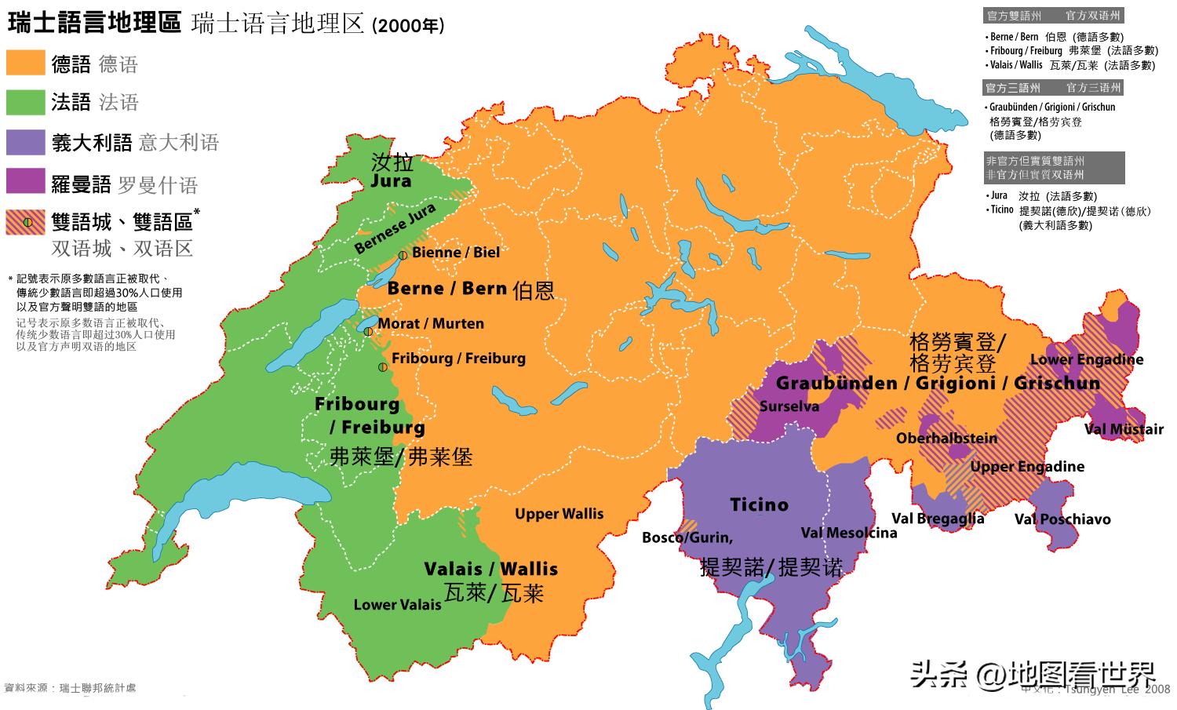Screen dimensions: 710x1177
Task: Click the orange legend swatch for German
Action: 25,63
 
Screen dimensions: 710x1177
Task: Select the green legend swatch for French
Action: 25,102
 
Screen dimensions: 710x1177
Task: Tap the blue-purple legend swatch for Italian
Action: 25,142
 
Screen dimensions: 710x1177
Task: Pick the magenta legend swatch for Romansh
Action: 25,181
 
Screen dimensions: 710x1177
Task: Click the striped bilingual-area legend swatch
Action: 25,222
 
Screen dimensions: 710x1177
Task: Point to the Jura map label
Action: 391,180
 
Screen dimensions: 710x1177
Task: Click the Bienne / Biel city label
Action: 455,252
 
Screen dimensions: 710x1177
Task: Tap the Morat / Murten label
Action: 431,323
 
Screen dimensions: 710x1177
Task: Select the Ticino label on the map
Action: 759,504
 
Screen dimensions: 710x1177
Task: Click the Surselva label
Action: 789,406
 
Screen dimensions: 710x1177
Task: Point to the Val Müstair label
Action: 1124,429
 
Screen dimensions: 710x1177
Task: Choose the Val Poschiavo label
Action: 1062,519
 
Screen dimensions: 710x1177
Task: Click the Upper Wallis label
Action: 559,514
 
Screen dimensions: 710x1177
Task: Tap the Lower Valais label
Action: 397,605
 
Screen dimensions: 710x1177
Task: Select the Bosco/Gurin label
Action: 687,537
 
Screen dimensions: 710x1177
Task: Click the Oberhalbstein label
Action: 946,439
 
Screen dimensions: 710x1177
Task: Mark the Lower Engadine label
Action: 1086,360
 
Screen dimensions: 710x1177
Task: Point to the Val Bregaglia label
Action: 938,519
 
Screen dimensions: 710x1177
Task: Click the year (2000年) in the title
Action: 408,26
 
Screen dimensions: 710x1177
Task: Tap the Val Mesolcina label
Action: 848,533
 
